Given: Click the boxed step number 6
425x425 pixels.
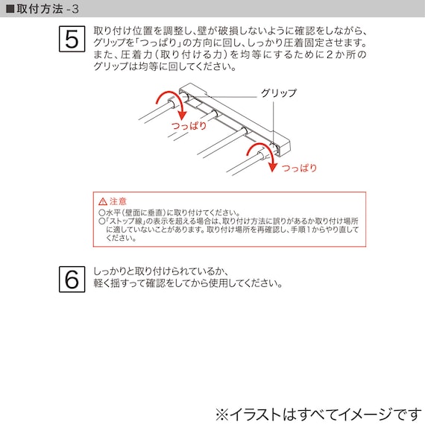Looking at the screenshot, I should pyautogui.click(x=72, y=280).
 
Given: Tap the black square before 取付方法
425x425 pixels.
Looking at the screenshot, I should pyautogui.click(x=10, y=8).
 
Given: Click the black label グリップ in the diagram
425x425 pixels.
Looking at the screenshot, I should pyautogui.click(x=278, y=93).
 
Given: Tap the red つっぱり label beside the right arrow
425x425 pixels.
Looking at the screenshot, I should pyautogui.click(x=299, y=169).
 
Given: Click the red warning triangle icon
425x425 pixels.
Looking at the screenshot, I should pyautogui.click(x=102, y=202).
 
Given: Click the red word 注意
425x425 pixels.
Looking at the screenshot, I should pyautogui.click(x=118, y=202).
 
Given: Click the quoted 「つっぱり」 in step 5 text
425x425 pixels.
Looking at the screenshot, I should pyautogui.click(x=154, y=43).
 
